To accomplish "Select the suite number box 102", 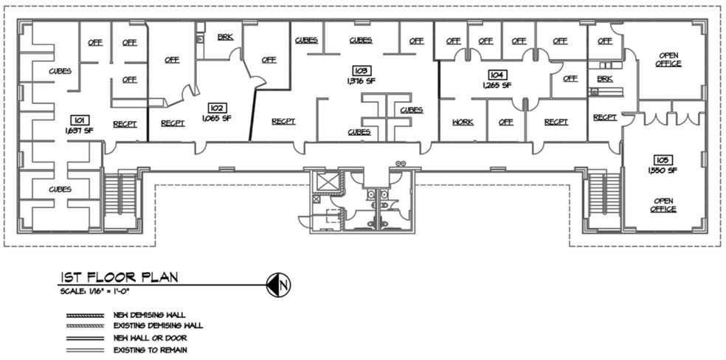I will (x=215, y=108).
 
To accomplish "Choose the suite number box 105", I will (x=662, y=160).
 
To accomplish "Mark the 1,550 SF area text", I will (x=663, y=170).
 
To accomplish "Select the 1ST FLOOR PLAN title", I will (x=118, y=277).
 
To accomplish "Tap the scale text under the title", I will (x=96, y=292).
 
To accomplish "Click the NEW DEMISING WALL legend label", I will (x=149, y=315).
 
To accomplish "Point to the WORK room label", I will (x=463, y=122).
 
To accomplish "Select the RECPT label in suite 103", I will (x=283, y=122).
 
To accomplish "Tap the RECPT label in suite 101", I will (x=125, y=124).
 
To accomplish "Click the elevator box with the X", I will (x=324, y=181).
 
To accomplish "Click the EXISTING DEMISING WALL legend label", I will (x=158, y=325).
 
